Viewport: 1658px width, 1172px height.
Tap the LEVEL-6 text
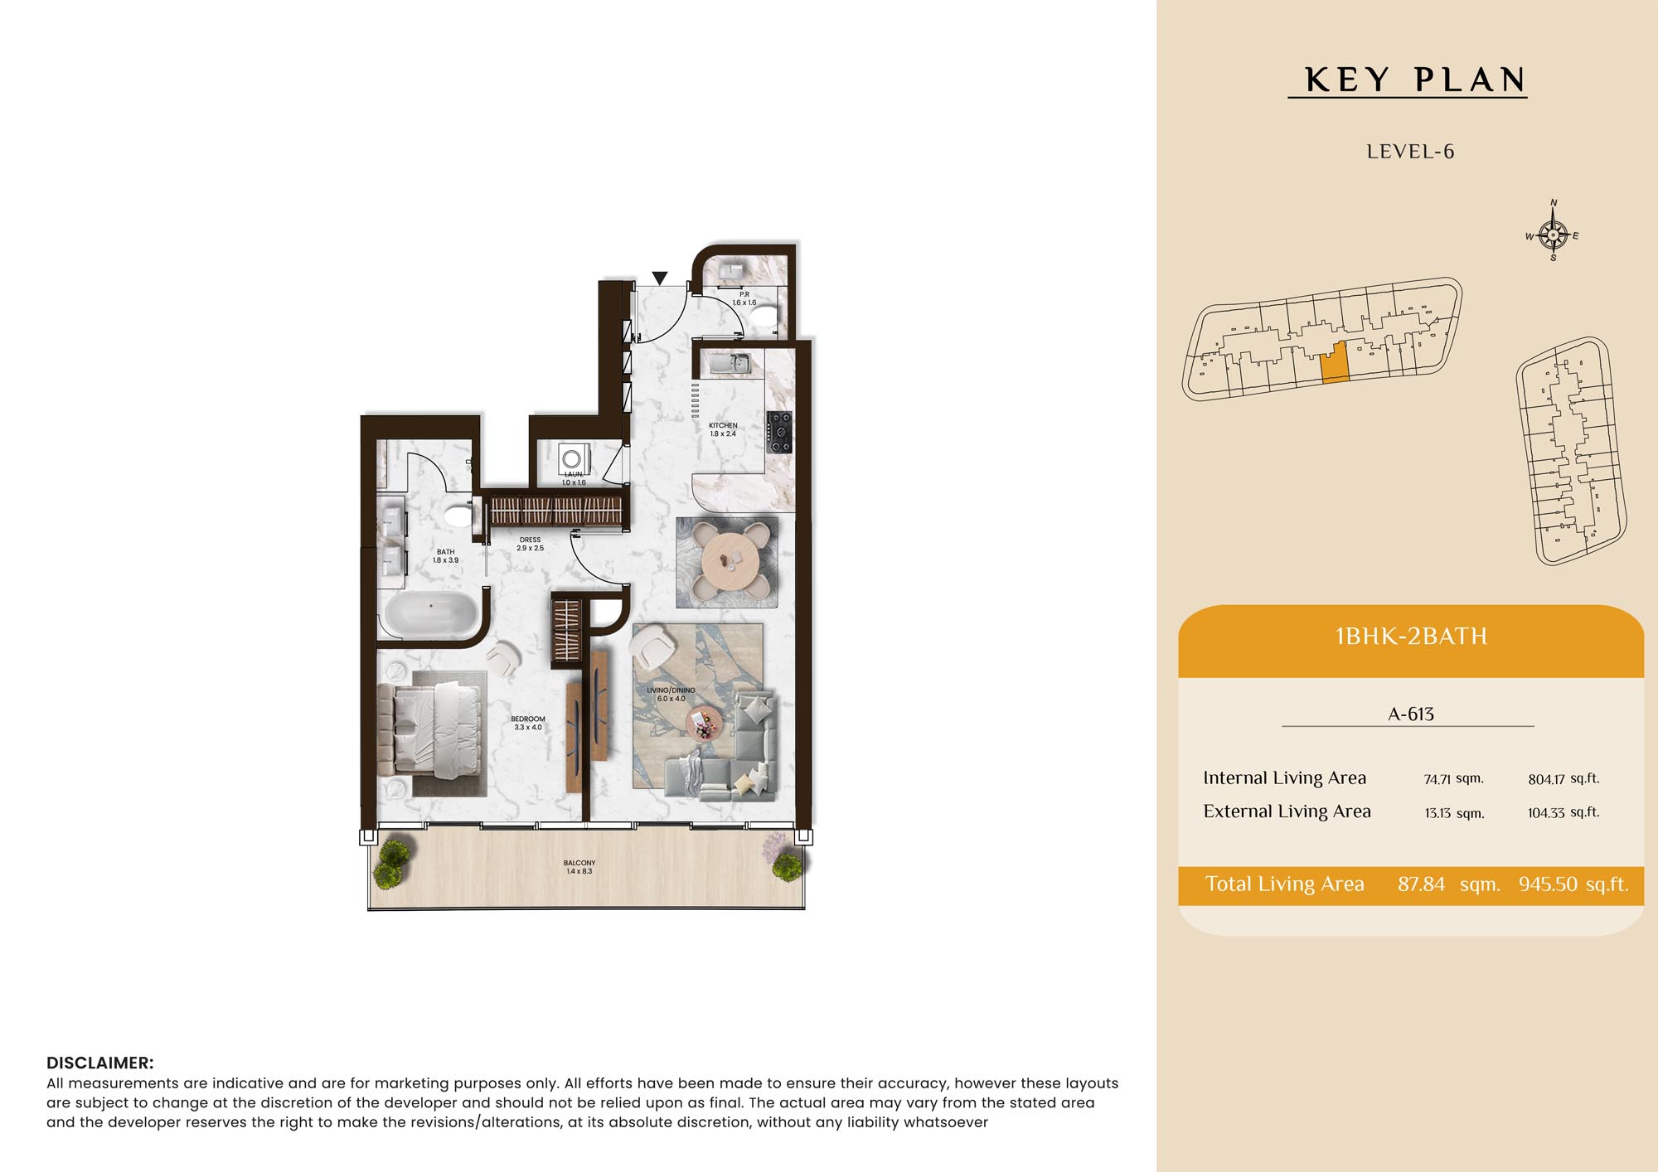[1410, 152]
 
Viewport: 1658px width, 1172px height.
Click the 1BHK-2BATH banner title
[1411, 637]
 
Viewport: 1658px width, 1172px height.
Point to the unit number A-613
[1411, 714]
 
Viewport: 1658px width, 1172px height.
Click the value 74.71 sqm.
[1453, 779]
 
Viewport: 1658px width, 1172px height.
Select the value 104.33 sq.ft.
[1563, 812]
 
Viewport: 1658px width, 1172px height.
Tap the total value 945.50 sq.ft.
[1573, 884]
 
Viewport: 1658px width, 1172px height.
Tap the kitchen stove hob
[779, 432]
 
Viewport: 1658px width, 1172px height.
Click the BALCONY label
[579, 863]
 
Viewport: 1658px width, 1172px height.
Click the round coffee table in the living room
[705, 724]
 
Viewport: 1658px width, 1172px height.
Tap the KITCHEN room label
[723, 425]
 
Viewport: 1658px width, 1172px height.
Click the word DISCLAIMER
[100, 1063]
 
